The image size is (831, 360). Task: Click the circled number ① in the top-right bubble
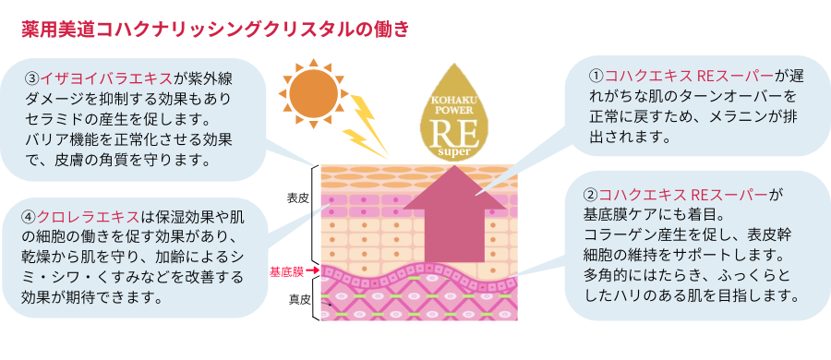click(596, 76)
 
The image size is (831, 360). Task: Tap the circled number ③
click(31, 76)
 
